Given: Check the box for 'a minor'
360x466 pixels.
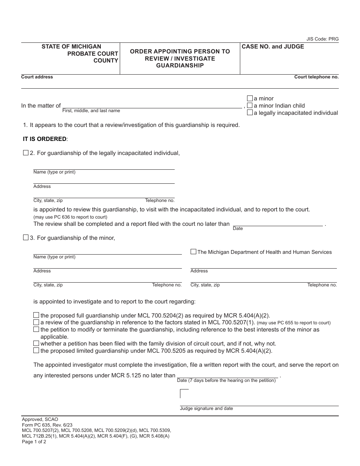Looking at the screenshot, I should (250, 98).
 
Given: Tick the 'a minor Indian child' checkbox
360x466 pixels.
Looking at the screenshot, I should (250, 105).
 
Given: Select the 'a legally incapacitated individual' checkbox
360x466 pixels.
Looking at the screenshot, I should (250, 113).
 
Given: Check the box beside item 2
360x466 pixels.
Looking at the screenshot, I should (26, 153).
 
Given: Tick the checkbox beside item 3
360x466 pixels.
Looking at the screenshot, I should (26, 238).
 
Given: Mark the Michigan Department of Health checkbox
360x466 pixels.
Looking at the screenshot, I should (193, 252).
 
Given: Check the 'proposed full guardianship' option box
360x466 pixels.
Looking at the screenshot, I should (36, 315).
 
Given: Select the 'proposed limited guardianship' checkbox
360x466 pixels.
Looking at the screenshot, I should (36, 350).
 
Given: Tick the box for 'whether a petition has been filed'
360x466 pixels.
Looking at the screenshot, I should (36, 343).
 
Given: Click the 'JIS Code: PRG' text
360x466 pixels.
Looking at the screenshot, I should (322, 39).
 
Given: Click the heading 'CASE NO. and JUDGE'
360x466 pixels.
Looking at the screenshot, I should (273, 47).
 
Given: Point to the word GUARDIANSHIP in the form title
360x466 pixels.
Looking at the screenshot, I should (180, 66).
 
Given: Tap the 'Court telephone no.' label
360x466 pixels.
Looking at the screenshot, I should (316, 77).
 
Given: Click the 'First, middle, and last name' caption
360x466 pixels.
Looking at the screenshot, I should (91, 111).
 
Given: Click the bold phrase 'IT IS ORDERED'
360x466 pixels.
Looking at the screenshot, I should (45, 139).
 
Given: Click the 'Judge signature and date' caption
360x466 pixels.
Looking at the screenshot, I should (206, 408).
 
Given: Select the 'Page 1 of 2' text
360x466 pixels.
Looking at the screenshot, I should (34, 441).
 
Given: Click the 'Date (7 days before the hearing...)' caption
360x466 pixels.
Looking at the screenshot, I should (226, 380).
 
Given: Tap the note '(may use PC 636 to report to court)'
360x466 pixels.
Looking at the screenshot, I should (70, 217).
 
